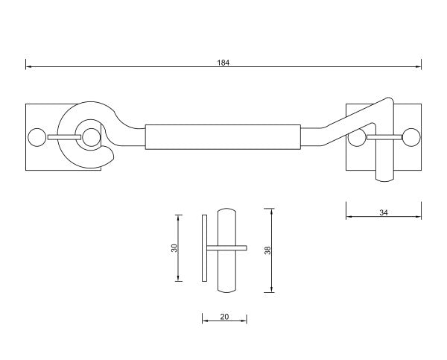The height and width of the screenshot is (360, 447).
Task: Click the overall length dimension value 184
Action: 223,63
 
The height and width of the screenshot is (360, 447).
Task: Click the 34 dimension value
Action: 384,212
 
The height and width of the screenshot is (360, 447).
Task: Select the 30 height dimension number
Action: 174,247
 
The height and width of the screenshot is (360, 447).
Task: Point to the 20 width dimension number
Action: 224,317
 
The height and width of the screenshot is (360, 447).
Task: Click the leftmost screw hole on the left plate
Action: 35,137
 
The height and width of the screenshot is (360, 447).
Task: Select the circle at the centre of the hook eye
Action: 91,136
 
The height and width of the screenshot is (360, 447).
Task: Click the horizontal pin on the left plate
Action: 64,137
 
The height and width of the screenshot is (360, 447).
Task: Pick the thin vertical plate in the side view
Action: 203,247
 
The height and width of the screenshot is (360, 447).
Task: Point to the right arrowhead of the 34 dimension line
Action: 419,218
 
